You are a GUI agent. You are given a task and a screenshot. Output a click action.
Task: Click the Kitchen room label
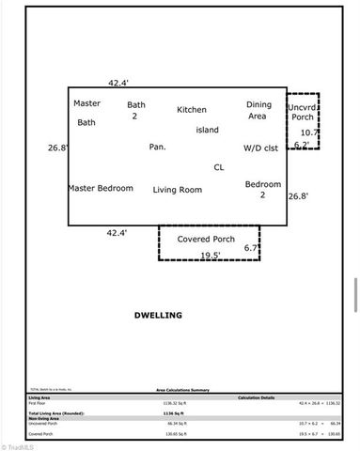(x=191, y=110)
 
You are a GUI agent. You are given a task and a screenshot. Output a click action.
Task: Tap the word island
(x=208, y=129)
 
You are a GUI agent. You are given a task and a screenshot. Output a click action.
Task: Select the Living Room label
(x=178, y=190)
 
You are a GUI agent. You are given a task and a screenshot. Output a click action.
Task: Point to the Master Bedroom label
(x=101, y=188)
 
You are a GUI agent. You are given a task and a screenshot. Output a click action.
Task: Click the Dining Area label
(x=258, y=111)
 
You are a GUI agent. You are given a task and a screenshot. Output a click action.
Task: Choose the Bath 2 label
(x=136, y=111)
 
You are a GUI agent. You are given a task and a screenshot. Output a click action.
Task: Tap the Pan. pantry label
(x=157, y=147)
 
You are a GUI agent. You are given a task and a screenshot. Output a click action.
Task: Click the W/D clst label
(x=260, y=148)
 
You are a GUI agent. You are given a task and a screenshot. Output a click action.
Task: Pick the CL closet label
(x=219, y=167)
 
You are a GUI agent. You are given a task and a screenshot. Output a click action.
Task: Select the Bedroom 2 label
(x=262, y=190)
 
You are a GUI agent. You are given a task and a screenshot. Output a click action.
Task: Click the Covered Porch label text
(x=206, y=239)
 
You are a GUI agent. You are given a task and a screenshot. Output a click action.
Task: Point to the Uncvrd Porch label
(x=302, y=113)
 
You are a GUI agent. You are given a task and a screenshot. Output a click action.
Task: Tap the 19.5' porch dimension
(x=210, y=255)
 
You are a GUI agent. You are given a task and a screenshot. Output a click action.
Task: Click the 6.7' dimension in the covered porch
(x=251, y=248)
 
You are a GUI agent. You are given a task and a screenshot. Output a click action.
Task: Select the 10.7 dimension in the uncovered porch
(x=309, y=132)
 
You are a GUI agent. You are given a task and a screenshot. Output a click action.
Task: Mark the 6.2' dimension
(x=302, y=144)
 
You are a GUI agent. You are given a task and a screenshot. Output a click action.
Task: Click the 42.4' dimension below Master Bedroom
(x=117, y=232)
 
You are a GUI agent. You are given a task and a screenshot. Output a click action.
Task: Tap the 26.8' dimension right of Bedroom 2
(x=298, y=196)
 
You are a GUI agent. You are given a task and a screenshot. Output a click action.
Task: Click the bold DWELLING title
(x=158, y=315)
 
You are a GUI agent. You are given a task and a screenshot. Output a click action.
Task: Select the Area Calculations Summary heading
(x=182, y=388)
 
